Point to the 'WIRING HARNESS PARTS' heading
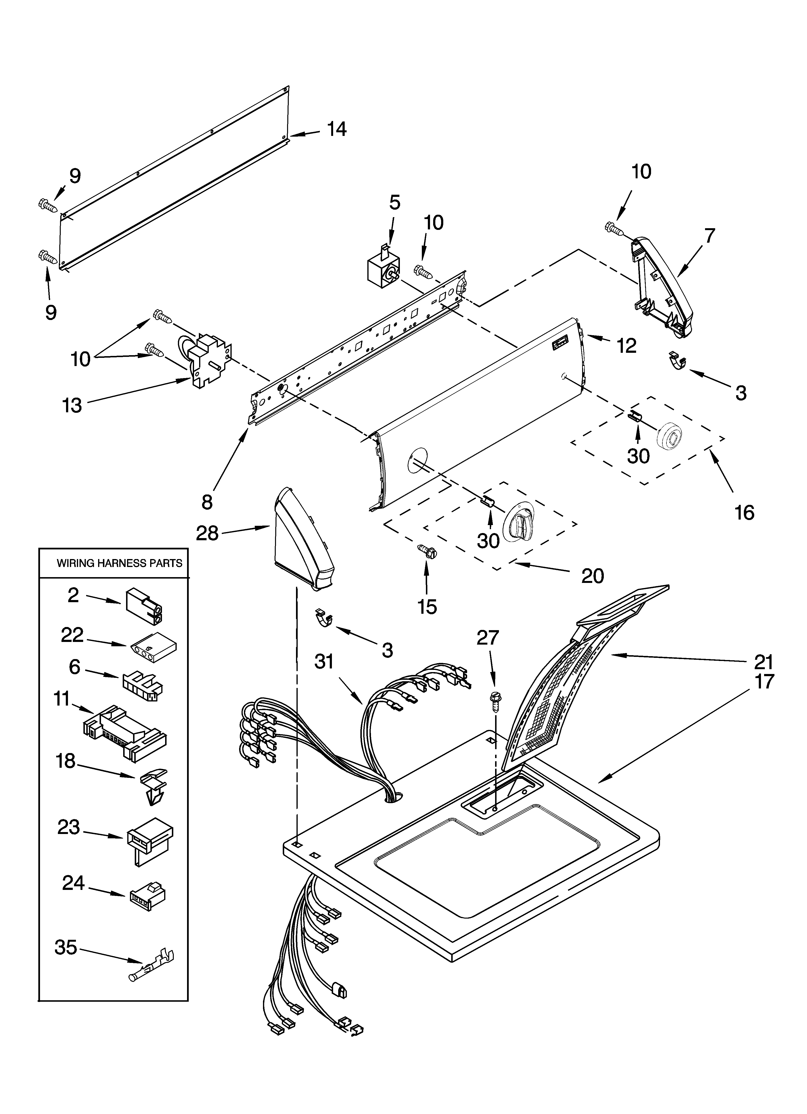tap(119, 563)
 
